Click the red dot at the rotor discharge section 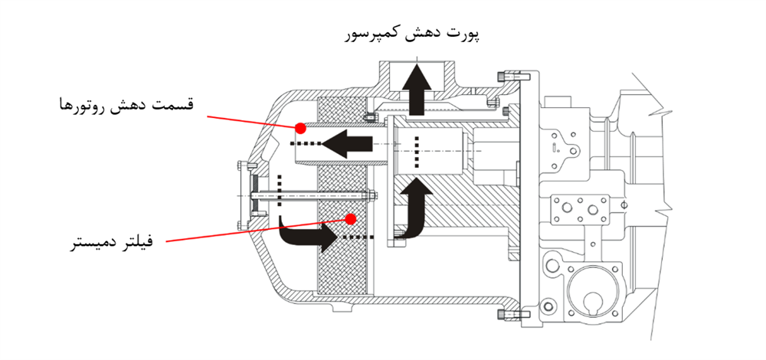pyautogui.click(x=301, y=127)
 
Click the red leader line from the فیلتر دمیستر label pyautogui.click(x=253, y=231)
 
